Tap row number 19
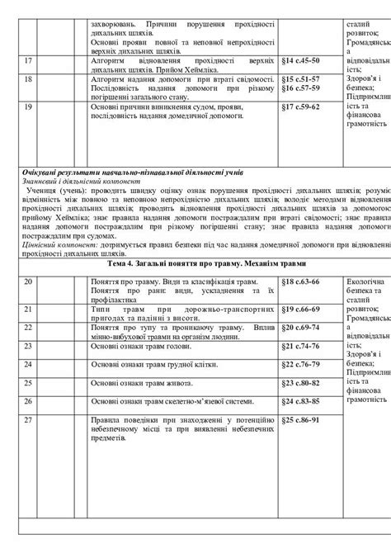pyautogui.click(x=28, y=106)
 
